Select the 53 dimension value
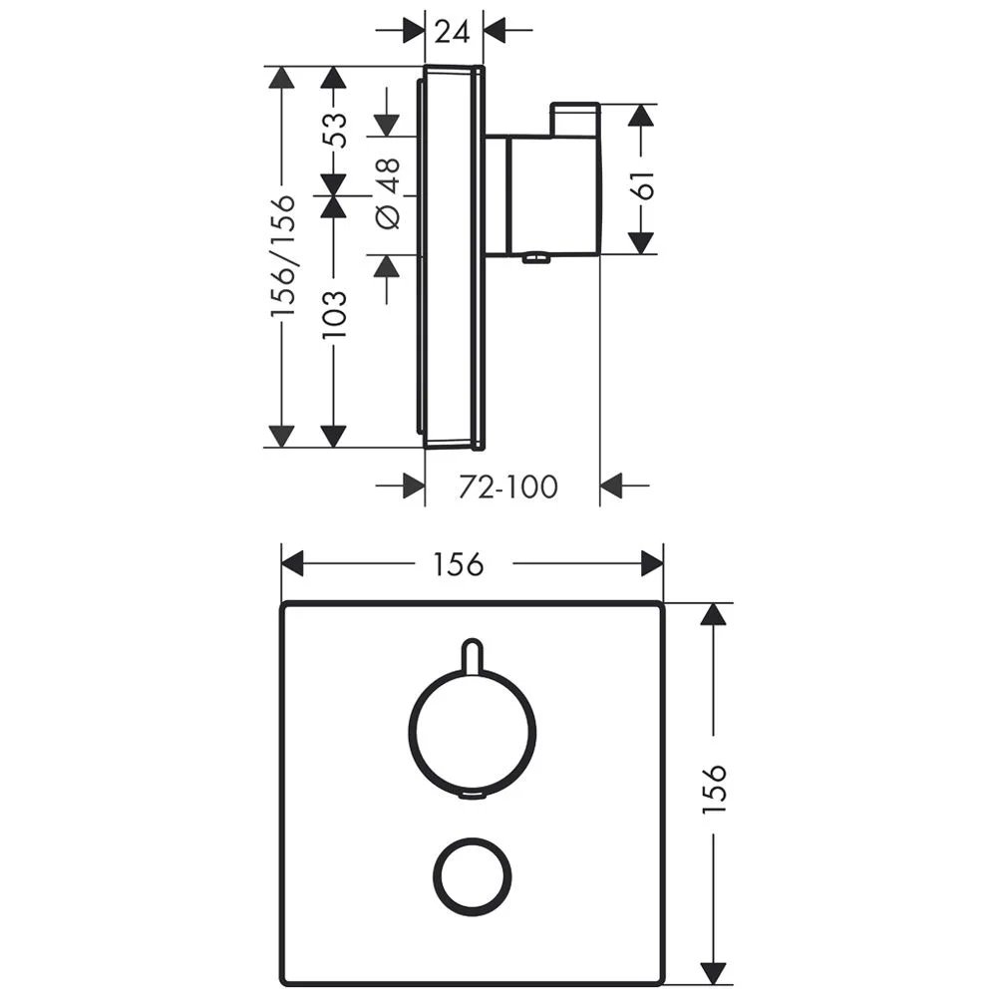tap(336, 131)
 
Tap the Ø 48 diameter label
tap(388, 192)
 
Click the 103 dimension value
tap(336, 313)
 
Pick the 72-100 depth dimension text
tap(507, 487)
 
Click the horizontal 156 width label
tap(458, 564)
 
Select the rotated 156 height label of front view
tap(714, 790)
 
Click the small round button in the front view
tap(474, 874)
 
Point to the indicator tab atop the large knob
tap(474, 654)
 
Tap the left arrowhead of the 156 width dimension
tap(292, 564)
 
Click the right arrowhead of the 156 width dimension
tap(652, 564)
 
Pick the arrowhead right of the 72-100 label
tap(611, 487)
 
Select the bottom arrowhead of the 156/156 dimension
tap(283, 436)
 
